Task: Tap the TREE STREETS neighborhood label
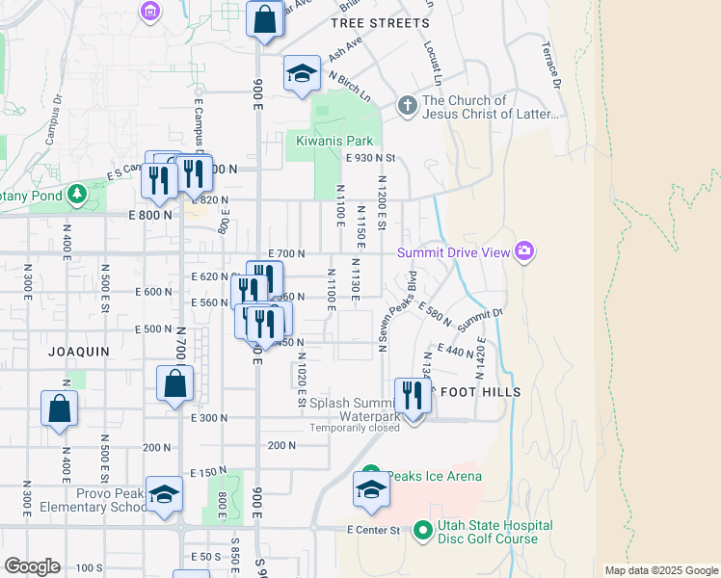(x=379, y=23)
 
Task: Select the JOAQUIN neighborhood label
(x=80, y=353)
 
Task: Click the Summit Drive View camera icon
(x=524, y=252)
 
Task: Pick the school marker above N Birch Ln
(x=302, y=74)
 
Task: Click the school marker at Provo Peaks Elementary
(x=164, y=495)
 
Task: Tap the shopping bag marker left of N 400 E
(x=59, y=408)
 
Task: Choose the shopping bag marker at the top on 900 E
(x=264, y=19)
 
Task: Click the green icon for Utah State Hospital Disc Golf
(x=422, y=531)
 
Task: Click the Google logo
(x=31, y=566)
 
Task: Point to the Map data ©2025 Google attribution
(x=661, y=570)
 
